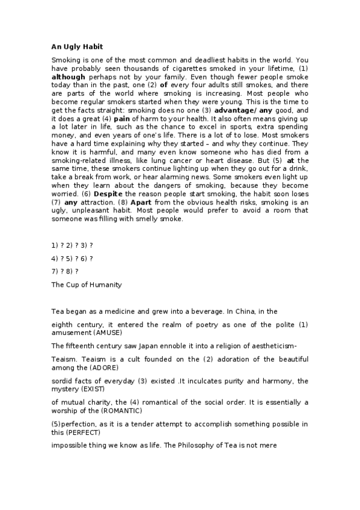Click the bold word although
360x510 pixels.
point(69,77)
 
